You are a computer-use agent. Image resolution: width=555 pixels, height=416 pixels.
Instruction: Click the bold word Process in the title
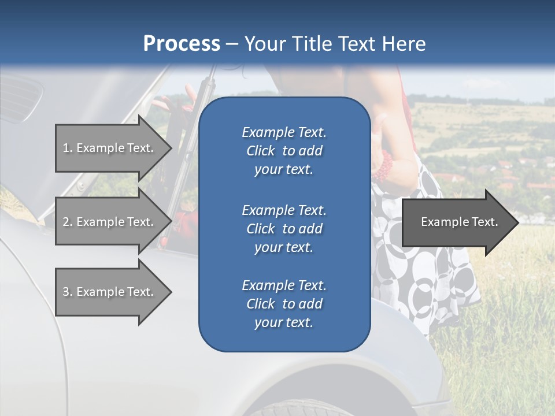182,44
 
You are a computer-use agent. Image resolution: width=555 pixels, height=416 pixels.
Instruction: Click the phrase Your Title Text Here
335,44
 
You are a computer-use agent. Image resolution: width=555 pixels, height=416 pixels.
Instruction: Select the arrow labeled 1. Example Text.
110,148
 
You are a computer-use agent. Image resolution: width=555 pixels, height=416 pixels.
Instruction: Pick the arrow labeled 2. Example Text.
110,222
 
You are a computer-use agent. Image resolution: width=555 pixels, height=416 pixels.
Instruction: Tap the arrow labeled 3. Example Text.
110,292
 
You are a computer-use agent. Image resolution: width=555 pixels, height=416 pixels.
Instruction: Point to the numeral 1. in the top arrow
68,148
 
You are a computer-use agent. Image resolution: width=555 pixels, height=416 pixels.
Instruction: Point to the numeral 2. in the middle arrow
68,222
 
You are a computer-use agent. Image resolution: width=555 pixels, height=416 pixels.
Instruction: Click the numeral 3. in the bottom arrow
68,292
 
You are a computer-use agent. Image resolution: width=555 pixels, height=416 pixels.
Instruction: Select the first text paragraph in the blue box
284,151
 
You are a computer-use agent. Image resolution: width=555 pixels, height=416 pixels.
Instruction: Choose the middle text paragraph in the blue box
284,228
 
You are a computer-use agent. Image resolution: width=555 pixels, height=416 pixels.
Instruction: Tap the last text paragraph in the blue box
284,304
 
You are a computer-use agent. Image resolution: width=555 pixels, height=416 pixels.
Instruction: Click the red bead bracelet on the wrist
385,168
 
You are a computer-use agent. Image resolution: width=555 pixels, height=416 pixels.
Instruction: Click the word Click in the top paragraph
261,151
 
